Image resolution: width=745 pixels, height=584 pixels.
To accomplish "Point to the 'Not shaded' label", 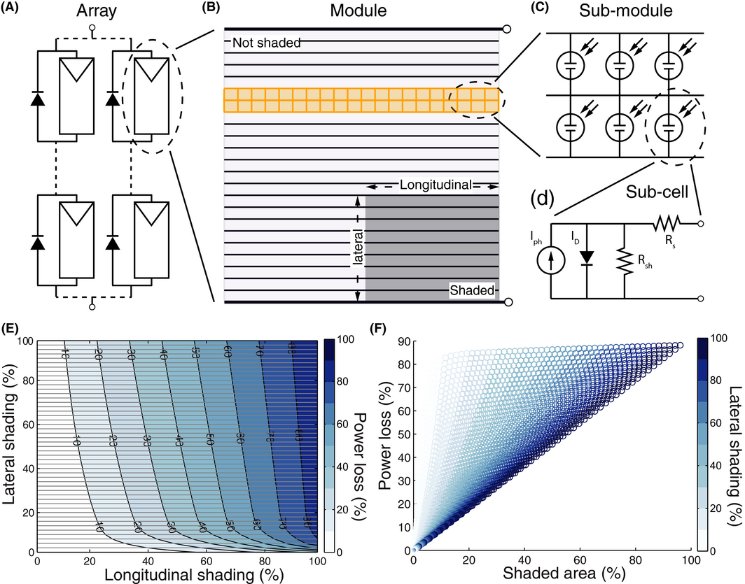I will [266, 43].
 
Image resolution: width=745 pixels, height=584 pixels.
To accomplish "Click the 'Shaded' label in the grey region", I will [471, 290].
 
